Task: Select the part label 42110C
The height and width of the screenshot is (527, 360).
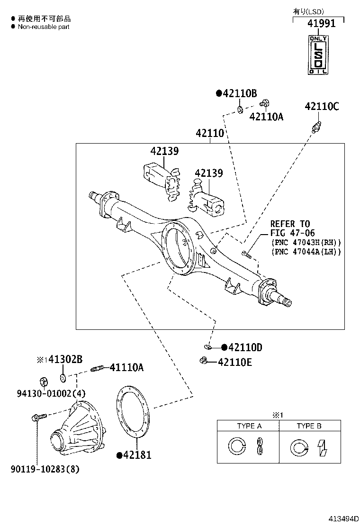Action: pyautogui.click(x=322, y=107)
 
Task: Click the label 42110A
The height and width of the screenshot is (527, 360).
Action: pyautogui.click(x=266, y=117)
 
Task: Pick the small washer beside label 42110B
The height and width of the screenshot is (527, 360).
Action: pyautogui.click(x=240, y=110)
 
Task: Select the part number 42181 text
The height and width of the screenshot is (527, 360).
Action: pyautogui.click(x=136, y=455)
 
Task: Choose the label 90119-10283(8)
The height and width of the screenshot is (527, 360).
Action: pyautogui.click(x=45, y=470)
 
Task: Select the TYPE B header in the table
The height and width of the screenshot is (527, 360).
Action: pyautogui.click(x=309, y=426)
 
